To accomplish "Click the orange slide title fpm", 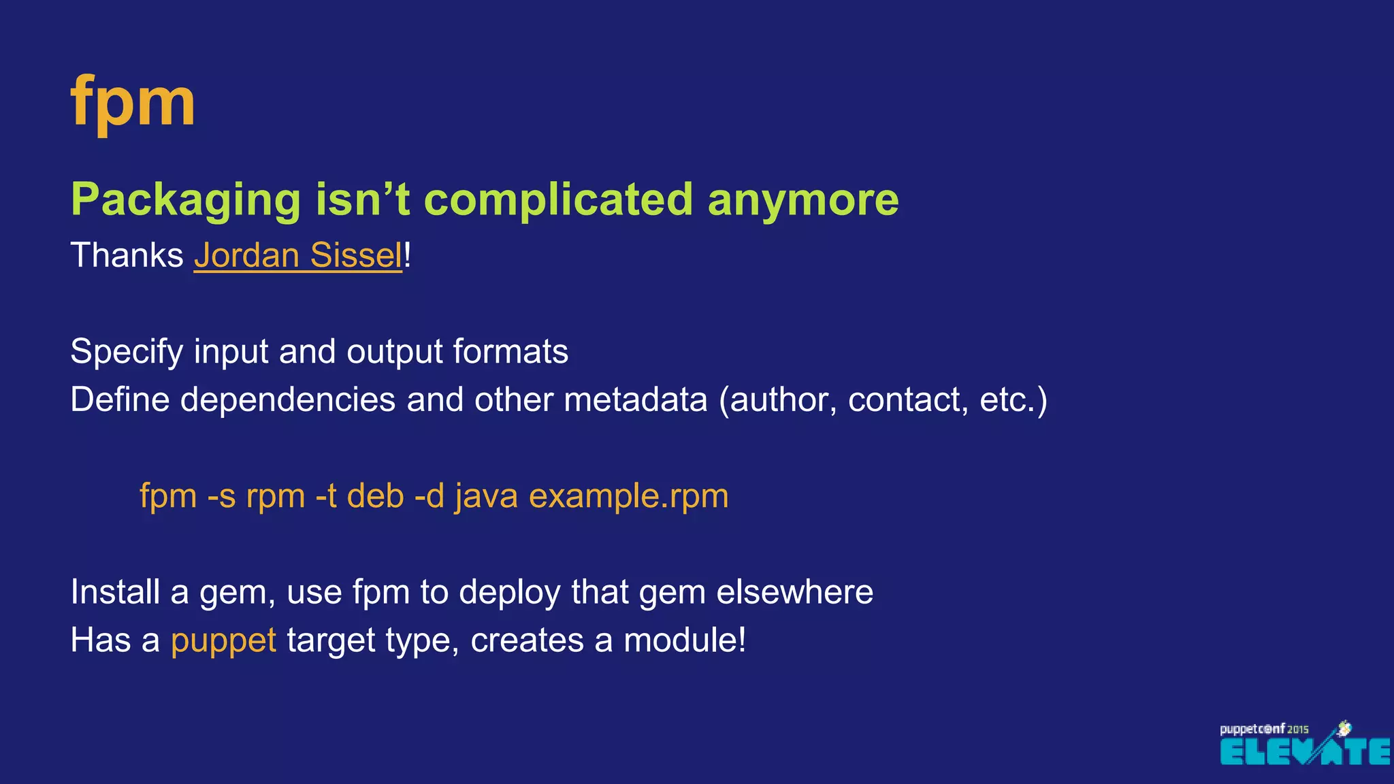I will pos(133,102).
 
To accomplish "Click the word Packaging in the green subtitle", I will pos(185,200).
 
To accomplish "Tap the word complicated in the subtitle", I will pos(557,200).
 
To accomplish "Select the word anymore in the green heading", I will pos(803,200).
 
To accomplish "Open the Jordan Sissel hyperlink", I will pos(298,256).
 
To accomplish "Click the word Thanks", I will pos(127,256).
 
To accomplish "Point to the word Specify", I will pos(127,353).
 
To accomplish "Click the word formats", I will pos(510,353).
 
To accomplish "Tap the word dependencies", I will pos(287,399).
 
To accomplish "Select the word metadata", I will pos(635,399).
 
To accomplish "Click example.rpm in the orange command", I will pos(628,496).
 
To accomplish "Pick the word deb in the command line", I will pos(375,496).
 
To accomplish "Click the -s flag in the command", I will pos(221,496).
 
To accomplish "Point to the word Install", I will pos(115,592).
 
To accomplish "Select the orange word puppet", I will pos(223,641).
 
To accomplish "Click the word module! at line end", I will pos(685,640).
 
